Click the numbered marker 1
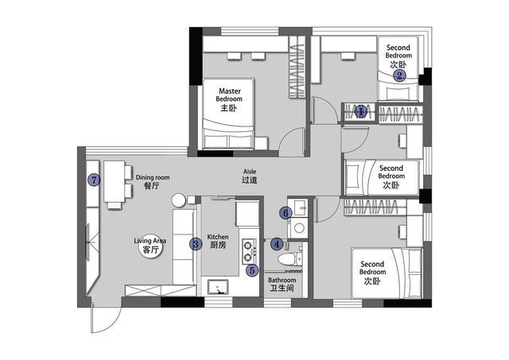coord(360,111)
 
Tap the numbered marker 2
coord(399,75)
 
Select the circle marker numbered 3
coord(196,243)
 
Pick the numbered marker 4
coord(277,244)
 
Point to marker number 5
coord(252,270)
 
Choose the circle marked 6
coord(286,213)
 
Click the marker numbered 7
coord(94,180)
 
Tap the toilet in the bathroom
coord(287,259)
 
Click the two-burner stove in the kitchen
coord(249,250)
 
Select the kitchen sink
coord(217,288)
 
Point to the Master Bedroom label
coord(229,99)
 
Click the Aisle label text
coord(249,176)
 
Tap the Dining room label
coord(153,181)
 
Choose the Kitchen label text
coord(218,241)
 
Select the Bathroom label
coord(282,284)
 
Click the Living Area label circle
coord(150,246)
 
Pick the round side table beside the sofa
coord(178,200)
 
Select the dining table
coord(114,182)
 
